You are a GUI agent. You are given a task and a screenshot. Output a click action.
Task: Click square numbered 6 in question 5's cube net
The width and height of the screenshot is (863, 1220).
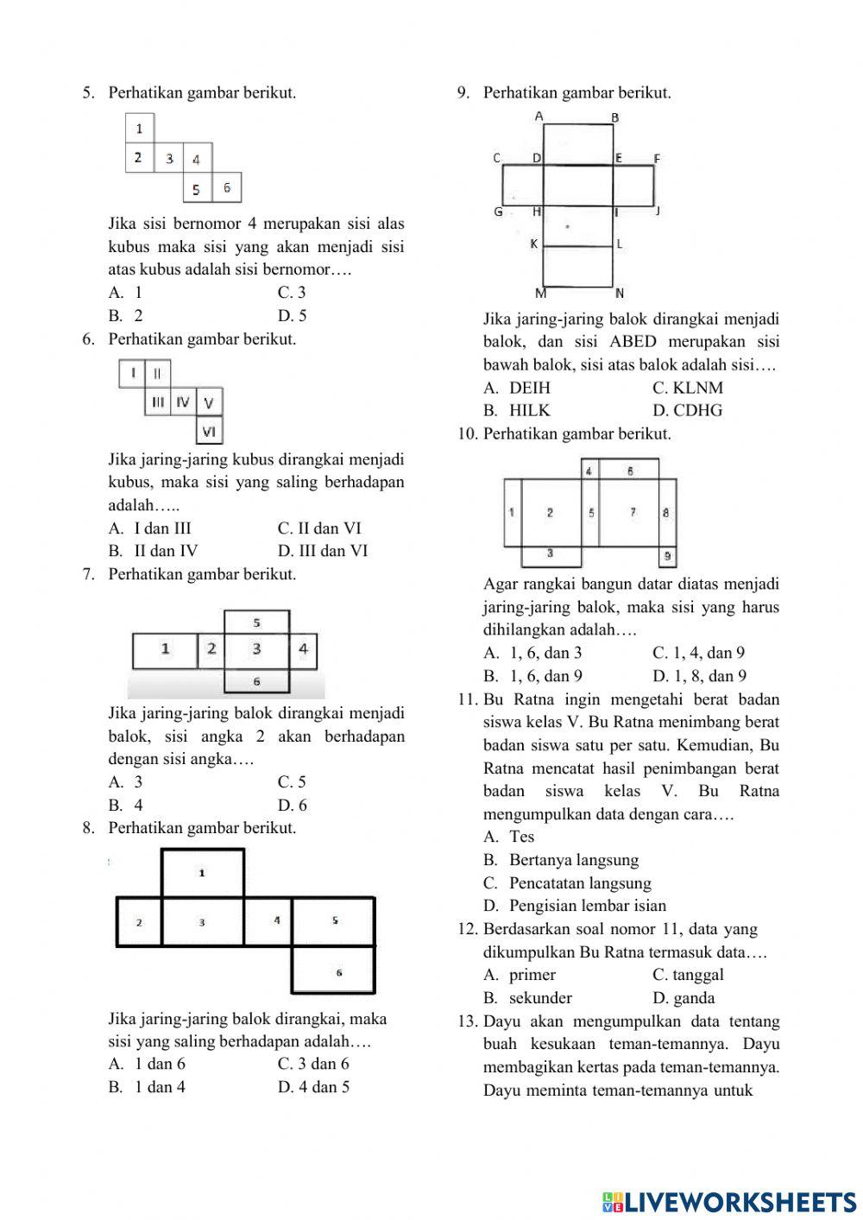pyautogui.click(x=226, y=187)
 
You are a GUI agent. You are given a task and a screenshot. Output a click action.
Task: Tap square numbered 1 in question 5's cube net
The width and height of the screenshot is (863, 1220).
pyautogui.click(x=140, y=129)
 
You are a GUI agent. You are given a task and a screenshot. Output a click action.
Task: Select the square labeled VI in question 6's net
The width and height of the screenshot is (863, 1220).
pyautogui.click(x=209, y=430)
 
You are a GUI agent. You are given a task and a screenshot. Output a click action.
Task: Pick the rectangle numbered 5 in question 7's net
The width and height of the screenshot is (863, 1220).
pyautogui.click(x=256, y=622)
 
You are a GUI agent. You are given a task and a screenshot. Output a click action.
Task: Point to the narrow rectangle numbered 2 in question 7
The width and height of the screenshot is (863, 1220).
pyautogui.click(x=211, y=649)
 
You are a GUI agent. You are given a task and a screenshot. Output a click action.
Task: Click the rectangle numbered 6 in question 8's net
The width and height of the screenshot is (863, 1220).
pyautogui.click(x=334, y=971)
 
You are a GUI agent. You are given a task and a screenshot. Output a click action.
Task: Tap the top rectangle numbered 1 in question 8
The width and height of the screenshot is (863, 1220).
pyautogui.click(x=203, y=873)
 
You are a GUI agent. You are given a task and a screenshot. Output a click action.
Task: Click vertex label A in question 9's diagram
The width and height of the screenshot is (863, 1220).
pyautogui.click(x=539, y=116)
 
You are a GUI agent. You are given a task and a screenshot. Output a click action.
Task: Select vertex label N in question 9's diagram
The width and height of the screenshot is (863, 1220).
pyautogui.click(x=620, y=294)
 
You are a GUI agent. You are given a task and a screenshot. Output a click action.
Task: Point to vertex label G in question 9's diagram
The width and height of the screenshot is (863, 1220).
pyautogui.click(x=498, y=212)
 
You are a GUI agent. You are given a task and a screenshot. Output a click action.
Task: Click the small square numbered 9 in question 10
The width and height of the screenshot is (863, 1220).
pyautogui.click(x=667, y=557)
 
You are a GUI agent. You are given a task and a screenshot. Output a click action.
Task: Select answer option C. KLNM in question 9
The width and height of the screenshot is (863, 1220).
pyautogui.click(x=688, y=388)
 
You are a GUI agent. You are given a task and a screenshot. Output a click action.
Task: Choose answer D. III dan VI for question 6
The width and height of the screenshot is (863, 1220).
pyautogui.click(x=322, y=551)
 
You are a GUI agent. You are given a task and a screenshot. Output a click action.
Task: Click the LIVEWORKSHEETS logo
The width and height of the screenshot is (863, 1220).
pyautogui.click(x=729, y=1201)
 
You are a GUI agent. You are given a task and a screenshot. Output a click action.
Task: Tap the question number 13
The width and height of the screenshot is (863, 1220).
pyautogui.click(x=468, y=1021)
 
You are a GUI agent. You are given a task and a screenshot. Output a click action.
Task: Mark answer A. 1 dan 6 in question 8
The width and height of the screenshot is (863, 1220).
pyautogui.click(x=147, y=1064)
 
